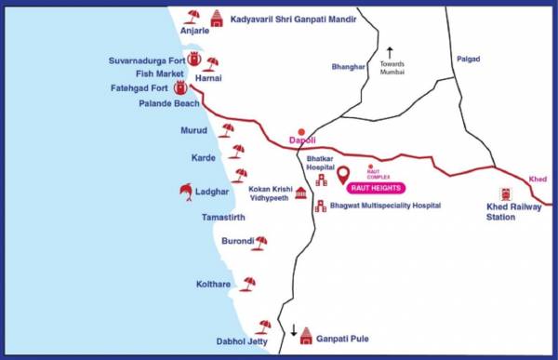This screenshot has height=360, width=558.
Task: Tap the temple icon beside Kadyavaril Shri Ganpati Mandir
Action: [217, 17]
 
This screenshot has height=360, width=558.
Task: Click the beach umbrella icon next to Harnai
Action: [213, 63]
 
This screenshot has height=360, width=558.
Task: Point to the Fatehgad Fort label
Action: [146, 89]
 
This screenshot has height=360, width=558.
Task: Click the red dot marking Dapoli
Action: [299, 133]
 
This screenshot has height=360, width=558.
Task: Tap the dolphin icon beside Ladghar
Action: [186, 192]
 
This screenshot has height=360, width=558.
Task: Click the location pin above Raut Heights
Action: [342, 174]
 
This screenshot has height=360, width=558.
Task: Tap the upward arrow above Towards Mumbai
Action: [392, 52]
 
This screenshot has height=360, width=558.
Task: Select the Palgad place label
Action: [469, 60]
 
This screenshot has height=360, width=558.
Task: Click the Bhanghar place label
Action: [349, 67]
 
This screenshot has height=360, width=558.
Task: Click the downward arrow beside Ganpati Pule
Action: [293, 331]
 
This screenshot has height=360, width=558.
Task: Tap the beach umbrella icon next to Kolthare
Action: [248, 283]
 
